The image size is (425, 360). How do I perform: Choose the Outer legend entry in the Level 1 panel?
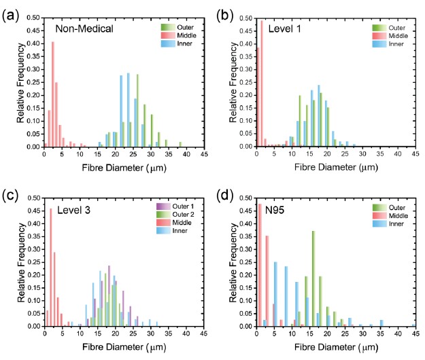point(388,26)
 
